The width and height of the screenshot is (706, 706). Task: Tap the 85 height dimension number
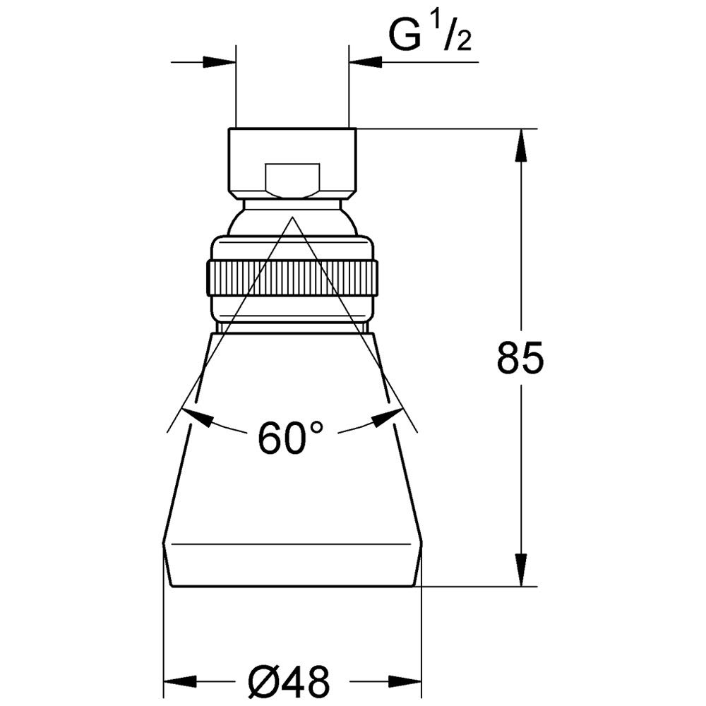[520, 357]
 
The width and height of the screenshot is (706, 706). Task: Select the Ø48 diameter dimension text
[289, 681]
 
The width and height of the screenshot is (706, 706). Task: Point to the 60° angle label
[290, 437]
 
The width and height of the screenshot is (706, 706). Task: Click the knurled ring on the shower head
[292, 278]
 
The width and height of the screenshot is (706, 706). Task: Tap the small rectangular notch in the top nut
[293, 181]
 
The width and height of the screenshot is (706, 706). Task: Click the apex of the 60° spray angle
[292, 217]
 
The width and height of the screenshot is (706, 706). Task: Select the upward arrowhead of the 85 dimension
[522, 145]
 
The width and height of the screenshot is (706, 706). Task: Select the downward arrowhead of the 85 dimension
[522, 570]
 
